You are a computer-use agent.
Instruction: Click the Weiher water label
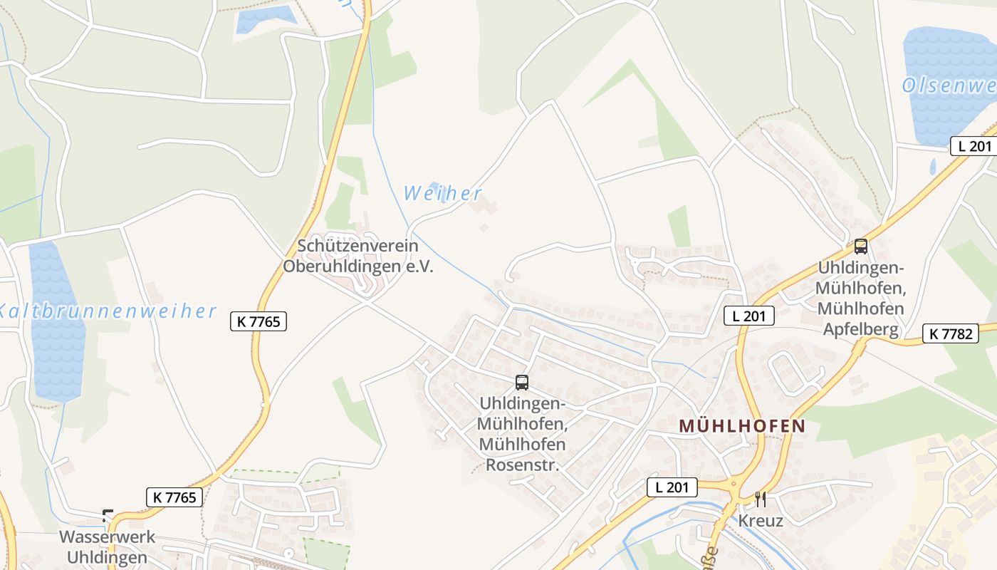tap(442, 193)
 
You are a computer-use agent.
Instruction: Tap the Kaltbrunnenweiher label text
tap(107, 311)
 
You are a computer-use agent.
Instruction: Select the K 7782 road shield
tap(950, 333)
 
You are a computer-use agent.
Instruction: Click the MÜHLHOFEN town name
tap(742, 426)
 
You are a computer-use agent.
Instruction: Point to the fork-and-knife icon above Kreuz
tap(761, 499)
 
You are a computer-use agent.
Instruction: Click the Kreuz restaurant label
tap(761, 521)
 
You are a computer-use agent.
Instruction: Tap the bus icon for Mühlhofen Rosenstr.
tap(522, 383)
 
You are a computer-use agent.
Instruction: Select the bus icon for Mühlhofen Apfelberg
tap(861, 247)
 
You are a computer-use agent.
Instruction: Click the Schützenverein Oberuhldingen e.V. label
tap(357, 256)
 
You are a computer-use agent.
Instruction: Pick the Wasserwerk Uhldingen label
tap(107, 546)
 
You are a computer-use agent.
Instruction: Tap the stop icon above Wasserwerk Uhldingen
tap(108, 515)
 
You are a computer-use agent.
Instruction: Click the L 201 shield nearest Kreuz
tap(672, 487)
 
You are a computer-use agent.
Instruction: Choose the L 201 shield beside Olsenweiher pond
tap(971, 146)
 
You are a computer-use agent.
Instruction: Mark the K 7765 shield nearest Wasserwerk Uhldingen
tap(174, 497)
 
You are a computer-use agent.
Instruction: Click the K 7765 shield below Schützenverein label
tap(259, 321)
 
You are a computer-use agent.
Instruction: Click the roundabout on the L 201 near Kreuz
tap(734, 488)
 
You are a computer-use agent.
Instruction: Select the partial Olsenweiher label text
tap(949, 86)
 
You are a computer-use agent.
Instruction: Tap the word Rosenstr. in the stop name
tap(522, 465)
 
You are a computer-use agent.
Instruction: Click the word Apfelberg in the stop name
tap(860, 329)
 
